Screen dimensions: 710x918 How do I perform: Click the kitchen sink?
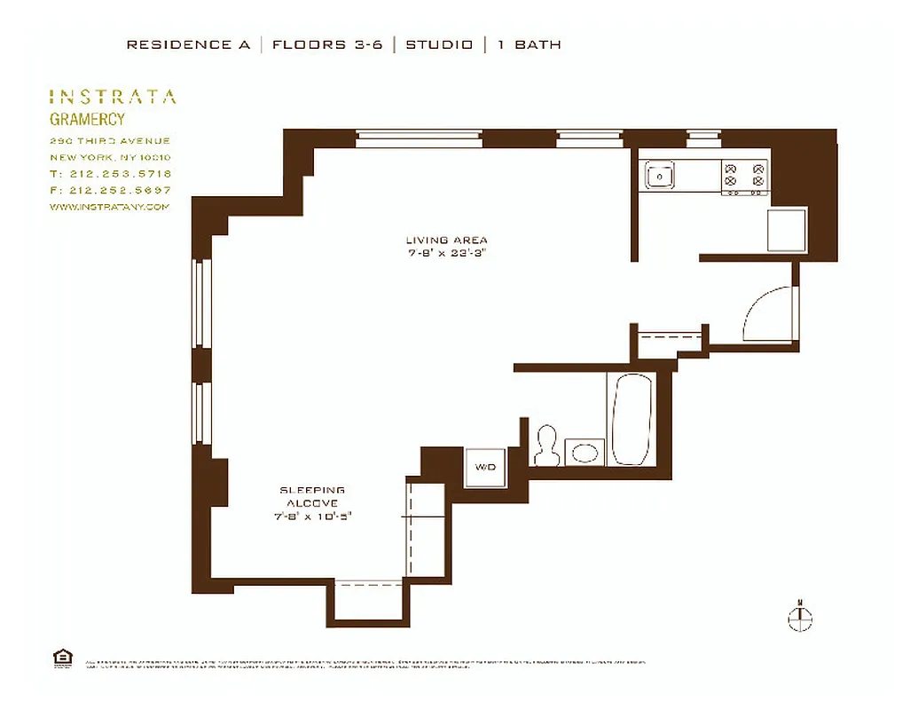[x=659, y=176]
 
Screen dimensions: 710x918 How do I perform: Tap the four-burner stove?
[x=744, y=177]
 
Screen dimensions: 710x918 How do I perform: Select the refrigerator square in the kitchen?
[x=787, y=230]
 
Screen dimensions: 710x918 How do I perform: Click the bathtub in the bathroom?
[x=632, y=419]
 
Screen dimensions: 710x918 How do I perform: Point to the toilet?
[x=545, y=447]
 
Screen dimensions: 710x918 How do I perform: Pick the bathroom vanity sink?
[x=585, y=453]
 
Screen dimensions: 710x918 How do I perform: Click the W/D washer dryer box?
[x=486, y=467]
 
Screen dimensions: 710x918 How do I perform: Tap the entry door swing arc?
[x=767, y=315]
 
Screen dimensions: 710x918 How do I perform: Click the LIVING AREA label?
[x=446, y=240]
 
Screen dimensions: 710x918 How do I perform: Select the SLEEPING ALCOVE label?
[x=312, y=496]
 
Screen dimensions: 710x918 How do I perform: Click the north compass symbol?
[x=800, y=619]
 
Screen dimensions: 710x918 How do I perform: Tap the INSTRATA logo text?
[x=113, y=97]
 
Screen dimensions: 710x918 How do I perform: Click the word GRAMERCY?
[x=87, y=119]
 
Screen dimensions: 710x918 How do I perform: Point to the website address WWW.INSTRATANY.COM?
[x=109, y=207]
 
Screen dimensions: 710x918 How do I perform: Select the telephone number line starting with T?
[x=111, y=174]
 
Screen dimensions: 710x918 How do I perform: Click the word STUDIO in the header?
[x=439, y=44]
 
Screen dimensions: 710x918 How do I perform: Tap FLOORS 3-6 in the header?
[x=327, y=44]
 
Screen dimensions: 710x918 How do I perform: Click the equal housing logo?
[x=63, y=657]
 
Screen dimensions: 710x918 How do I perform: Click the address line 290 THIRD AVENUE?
[x=110, y=141]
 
